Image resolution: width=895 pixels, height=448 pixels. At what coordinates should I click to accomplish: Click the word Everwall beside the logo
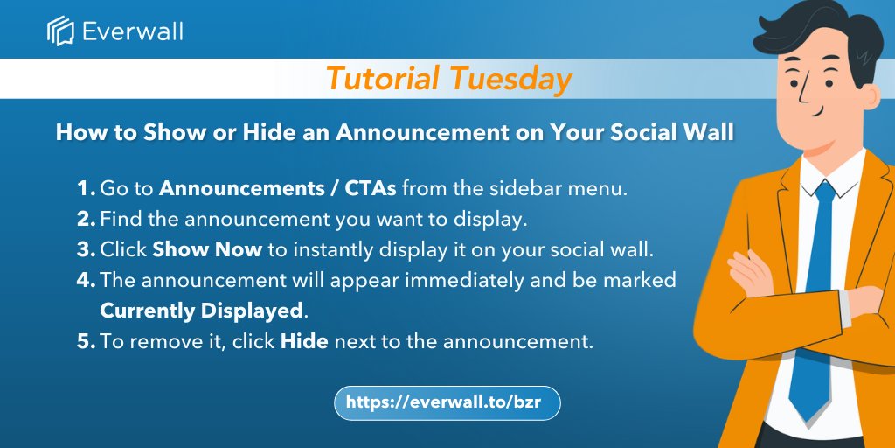tap(132, 32)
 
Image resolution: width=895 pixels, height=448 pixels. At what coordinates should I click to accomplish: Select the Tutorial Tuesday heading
tap(448, 79)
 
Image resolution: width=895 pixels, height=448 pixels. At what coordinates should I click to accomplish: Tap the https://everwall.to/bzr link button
tap(447, 402)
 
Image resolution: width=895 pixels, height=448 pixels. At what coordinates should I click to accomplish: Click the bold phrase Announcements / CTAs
tap(278, 188)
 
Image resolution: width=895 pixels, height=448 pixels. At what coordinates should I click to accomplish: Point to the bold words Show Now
tap(207, 249)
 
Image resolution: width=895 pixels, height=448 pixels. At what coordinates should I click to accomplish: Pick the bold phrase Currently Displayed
tap(202, 311)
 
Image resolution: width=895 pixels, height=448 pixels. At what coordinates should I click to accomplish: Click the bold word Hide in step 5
tap(304, 341)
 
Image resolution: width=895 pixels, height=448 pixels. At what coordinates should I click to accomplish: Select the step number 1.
tap(85, 188)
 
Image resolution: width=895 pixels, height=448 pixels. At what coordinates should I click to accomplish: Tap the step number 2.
tap(85, 219)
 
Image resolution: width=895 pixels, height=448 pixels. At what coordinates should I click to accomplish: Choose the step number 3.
tap(85, 249)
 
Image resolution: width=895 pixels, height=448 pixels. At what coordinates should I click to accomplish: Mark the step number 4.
tap(85, 280)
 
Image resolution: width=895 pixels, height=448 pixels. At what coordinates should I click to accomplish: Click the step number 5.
tap(85, 341)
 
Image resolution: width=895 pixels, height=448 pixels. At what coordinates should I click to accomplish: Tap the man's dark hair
tap(822, 26)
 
